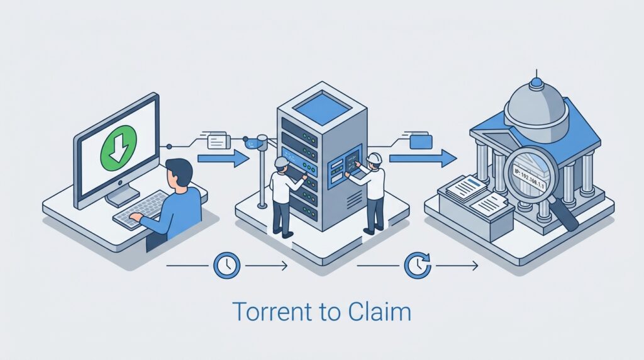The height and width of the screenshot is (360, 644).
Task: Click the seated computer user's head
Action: click(x=180, y=172)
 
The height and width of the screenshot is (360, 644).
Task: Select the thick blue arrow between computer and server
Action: click(x=223, y=159)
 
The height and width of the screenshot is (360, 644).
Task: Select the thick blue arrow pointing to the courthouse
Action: click(x=423, y=158)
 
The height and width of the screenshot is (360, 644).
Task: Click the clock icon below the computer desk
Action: click(x=226, y=266)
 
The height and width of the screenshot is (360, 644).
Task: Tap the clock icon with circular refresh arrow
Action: click(x=418, y=266)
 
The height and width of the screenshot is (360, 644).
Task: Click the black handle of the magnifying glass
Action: click(x=567, y=217)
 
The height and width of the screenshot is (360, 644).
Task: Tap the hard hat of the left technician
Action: click(x=281, y=162)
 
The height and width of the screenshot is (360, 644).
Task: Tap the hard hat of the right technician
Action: click(x=375, y=157)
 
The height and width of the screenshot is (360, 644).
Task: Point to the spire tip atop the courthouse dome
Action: click(x=536, y=74)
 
